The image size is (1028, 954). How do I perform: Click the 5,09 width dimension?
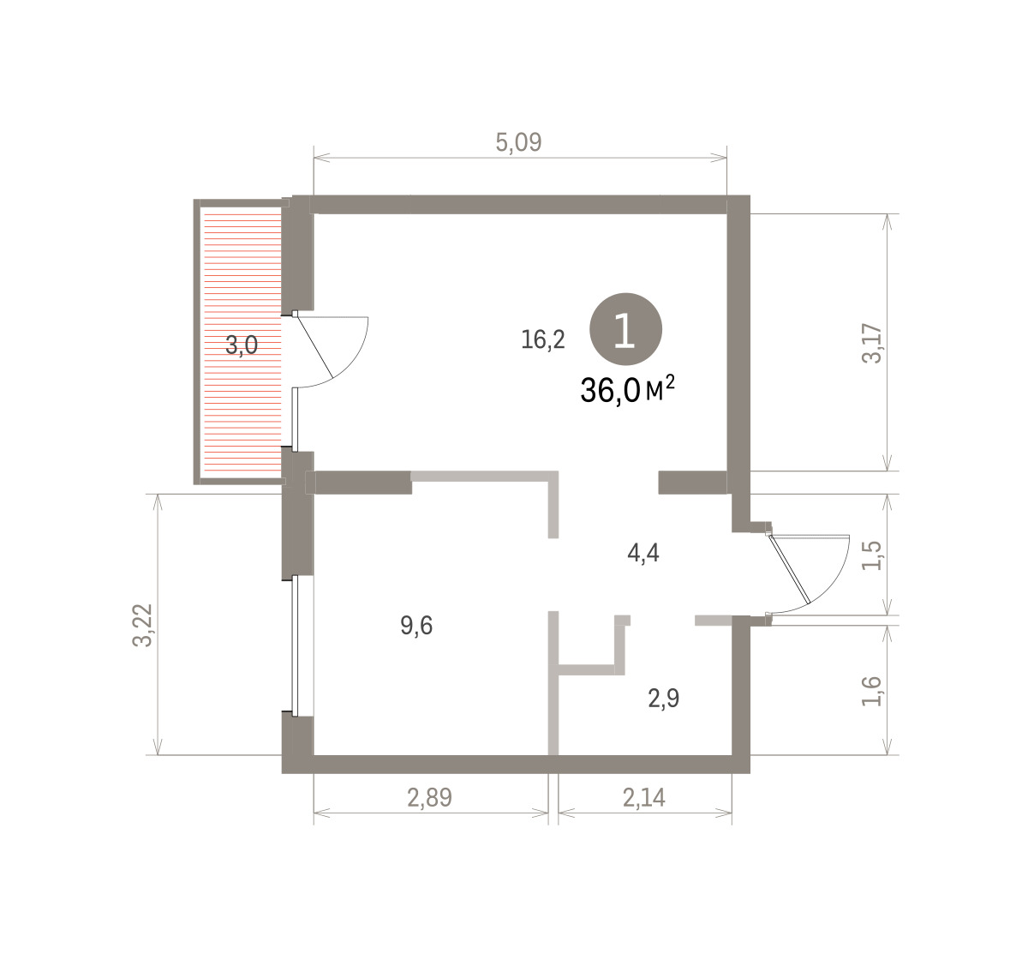coord(518,142)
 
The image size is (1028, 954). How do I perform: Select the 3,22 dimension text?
coord(142,625)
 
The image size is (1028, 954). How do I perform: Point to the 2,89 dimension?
coord(430,798)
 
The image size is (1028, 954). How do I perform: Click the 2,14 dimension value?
coord(644,798)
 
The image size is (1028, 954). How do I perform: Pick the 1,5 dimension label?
coord(871,555)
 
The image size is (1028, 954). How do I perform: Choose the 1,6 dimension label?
coord(871,691)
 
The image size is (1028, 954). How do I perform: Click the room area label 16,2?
coord(543,339)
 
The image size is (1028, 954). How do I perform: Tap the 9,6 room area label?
coord(416,626)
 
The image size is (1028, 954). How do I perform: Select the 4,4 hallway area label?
coord(643,553)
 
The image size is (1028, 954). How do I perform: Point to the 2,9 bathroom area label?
coord(664,699)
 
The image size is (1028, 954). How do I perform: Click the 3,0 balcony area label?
coord(242,345)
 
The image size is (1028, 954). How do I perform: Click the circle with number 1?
coord(626,329)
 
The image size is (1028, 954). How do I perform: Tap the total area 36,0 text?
coord(610,390)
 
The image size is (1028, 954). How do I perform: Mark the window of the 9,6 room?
coord(295,645)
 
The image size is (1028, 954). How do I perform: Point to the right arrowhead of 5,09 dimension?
coord(719,158)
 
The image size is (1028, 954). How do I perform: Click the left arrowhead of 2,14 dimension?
coord(567,813)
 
